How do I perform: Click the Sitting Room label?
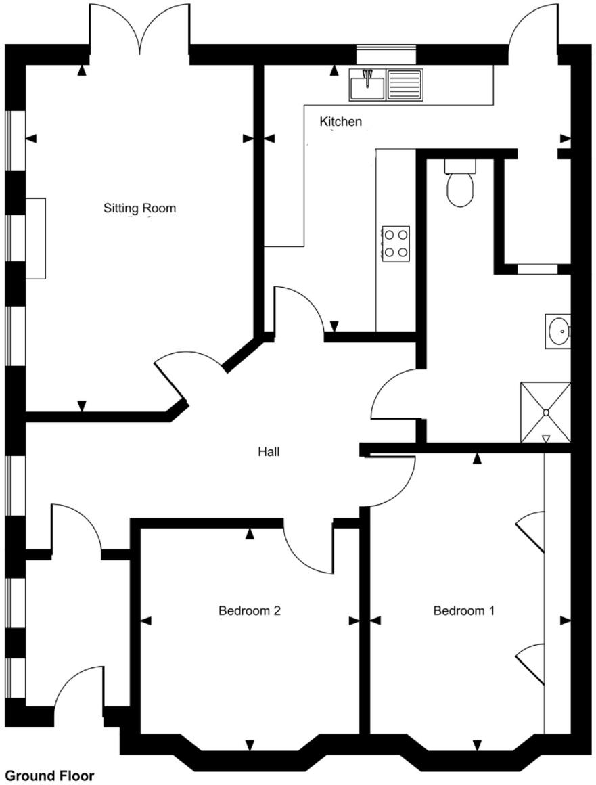(139, 208)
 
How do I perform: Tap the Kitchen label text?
(340, 122)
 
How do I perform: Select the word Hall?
(269, 452)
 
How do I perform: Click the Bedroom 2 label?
(249, 611)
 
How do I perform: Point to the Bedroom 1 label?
(463, 611)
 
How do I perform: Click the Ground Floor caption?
(49, 776)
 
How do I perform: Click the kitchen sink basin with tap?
(367, 85)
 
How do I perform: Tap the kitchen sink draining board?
(405, 85)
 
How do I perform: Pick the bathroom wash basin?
(559, 332)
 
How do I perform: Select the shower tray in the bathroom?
(545, 412)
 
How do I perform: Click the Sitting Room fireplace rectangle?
(36, 238)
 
